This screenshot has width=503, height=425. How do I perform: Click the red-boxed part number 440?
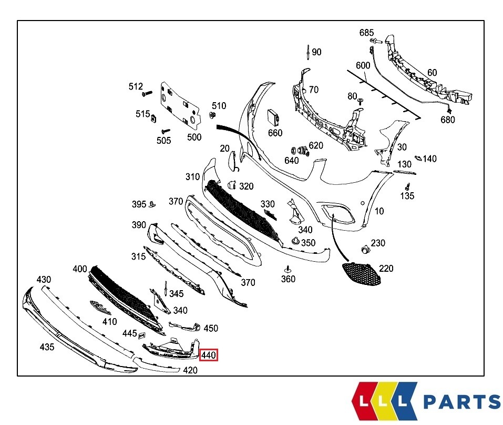(209, 356)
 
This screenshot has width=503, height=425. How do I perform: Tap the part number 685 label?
(366, 33)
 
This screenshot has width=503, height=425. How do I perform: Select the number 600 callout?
(363, 65)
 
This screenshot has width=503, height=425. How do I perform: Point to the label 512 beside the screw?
(136, 86)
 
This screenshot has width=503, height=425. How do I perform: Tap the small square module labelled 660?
(273, 116)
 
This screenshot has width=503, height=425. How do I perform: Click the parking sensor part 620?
(303, 151)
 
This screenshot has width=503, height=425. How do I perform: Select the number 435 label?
(47, 347)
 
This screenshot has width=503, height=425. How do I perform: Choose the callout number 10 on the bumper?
(379, 211)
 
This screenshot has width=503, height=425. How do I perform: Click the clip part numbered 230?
(363, 248)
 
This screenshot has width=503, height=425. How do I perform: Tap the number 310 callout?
(192, 177)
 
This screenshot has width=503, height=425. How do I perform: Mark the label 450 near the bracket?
(211, 329)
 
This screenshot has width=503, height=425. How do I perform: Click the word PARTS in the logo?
(461, 402)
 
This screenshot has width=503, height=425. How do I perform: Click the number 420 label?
(190, 370)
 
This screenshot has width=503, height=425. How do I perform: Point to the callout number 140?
(429, 159)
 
